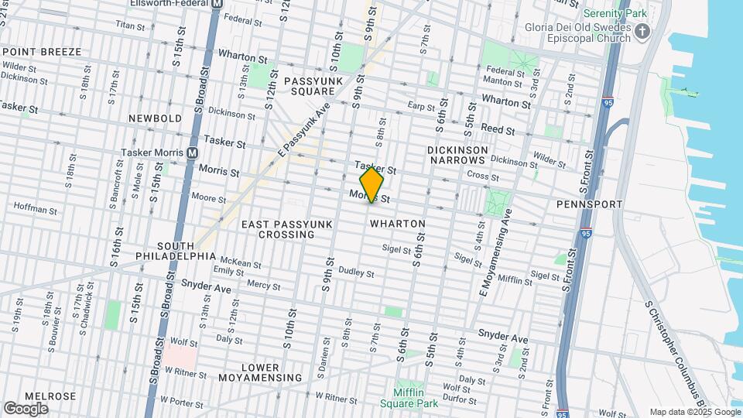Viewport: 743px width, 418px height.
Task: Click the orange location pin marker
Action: click(372, 184)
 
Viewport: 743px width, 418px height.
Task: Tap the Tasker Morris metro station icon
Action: click(192, 153)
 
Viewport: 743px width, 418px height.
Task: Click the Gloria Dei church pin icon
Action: click(642, 32)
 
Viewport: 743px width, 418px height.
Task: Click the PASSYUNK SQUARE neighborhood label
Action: click(313, 86)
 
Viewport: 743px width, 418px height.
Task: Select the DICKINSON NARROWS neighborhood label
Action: click(457, 155)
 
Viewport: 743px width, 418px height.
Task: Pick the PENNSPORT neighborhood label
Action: click(589, 204)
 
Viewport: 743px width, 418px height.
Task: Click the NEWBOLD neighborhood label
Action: click(155, 118)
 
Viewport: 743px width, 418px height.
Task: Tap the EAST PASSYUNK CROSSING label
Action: click(286, 229)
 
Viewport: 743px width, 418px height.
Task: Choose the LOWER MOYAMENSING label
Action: click(259, 372)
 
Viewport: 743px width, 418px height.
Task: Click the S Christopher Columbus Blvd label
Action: click(673, 355)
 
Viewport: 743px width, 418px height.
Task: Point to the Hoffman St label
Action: click(31, 207)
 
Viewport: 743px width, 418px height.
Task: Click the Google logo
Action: click(26, 408)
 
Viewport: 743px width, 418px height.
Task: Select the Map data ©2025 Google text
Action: click(694, 412)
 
